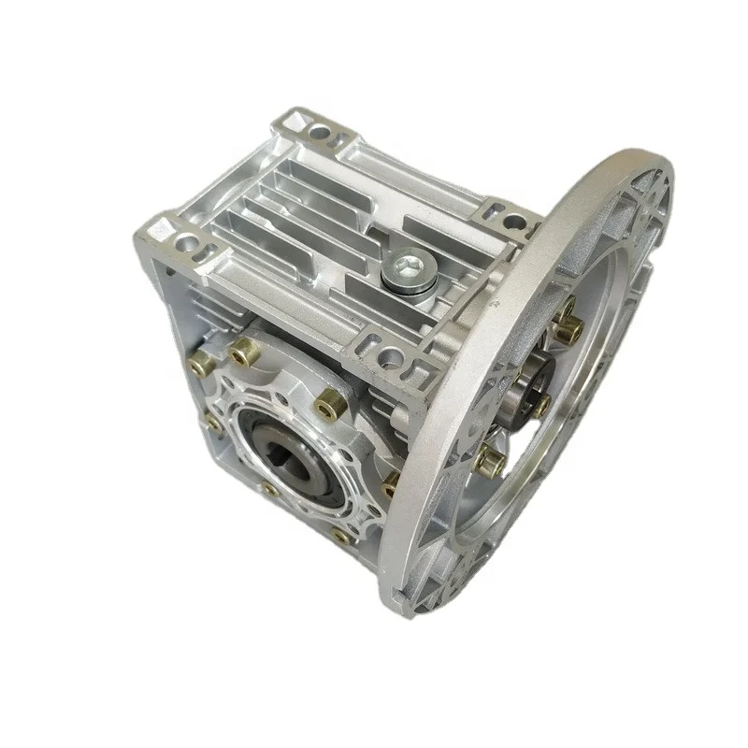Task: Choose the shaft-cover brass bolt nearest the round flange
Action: point(391,484)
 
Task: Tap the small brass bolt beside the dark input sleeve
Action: point(540,404)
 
